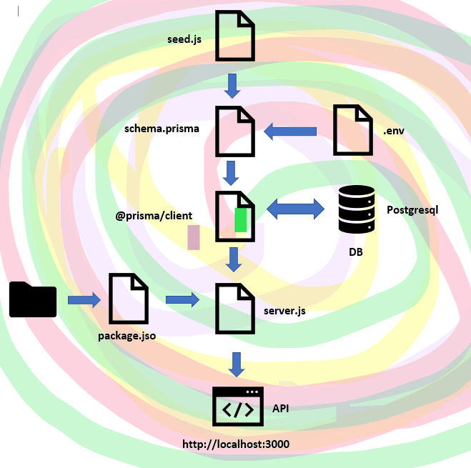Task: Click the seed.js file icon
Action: click(236, 36)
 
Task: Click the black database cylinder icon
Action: click(357, 209)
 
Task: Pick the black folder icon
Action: click(33, 299)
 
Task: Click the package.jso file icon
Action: click(129, 298)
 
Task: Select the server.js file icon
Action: click(236, 309)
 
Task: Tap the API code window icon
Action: click(238, 407)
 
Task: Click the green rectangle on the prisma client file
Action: click(241, 220)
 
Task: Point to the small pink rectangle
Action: click(194, 237)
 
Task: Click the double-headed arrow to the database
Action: click(294, 209)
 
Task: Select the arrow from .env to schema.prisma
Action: click(291, 131)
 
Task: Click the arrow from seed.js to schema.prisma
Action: click(232, 86)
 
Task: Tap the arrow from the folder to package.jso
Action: click(84, 300)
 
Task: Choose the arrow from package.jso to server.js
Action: click(182, 299)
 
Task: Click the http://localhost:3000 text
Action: click(236, 444)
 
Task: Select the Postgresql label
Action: click(412, 210)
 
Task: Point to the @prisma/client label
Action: click(154, 214)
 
